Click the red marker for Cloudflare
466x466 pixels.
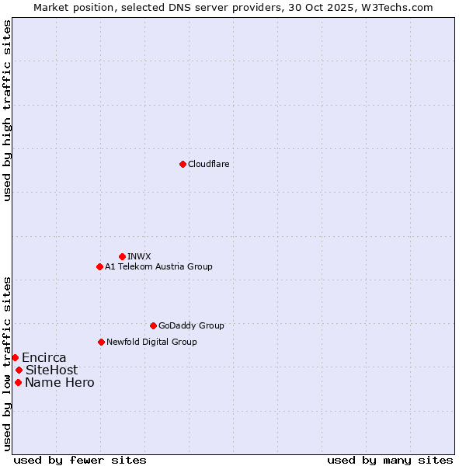(x=183, y=164)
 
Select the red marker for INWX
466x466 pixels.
(x=122, y=256)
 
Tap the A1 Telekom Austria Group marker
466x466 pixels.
(x=99, y=266)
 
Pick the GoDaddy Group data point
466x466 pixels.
(x=153, y=325)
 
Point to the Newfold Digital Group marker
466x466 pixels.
(x=101, y=342)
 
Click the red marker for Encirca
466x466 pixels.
(x=15, y=357)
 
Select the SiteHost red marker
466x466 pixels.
(x=19, y=370)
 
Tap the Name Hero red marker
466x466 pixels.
(x=18, y=382)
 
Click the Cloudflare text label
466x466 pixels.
(x=208, y=164)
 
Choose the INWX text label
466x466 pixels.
(x=139, y=256)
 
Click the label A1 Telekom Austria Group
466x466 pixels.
(x=158, y=266)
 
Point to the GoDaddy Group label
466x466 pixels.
(x=191, y=325)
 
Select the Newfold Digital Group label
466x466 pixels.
(x=151, y=342)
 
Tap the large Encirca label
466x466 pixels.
(x=43, y=357)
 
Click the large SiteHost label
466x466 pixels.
(x=51, y=370)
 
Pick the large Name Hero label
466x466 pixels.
(x=59, y=382)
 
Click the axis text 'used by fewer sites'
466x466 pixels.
(x=80, y=460)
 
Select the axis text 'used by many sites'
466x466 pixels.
(x=390, y=460)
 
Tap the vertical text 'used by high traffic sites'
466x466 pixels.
(x=7, y=111)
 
